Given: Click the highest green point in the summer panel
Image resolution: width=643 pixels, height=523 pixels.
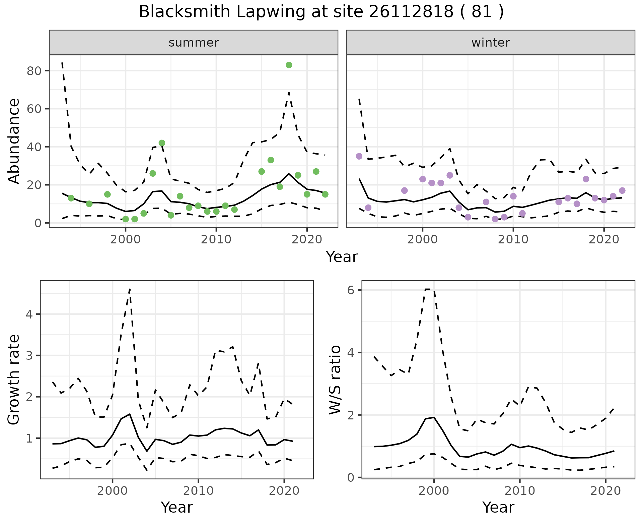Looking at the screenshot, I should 289,65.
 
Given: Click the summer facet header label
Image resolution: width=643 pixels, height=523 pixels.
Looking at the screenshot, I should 194,43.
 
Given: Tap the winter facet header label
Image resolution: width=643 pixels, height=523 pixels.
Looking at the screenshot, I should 490,43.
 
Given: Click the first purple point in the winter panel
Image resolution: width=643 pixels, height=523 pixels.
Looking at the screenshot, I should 359,156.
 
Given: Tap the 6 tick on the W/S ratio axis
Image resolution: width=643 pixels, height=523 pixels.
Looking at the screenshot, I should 351,290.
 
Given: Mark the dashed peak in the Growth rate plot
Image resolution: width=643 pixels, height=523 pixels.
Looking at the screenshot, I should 130,289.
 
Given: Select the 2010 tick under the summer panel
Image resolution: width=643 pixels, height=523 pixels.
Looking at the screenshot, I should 216,239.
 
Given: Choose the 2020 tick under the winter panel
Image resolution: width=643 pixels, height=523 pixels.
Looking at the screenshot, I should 604,239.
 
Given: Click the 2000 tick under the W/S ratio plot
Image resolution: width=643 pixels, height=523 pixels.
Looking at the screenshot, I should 434,491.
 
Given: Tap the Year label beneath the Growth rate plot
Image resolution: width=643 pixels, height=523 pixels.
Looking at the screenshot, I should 177,508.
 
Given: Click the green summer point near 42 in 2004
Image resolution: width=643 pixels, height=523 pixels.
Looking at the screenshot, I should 162,143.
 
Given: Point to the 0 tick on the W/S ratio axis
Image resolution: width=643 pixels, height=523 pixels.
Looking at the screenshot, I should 351,478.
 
